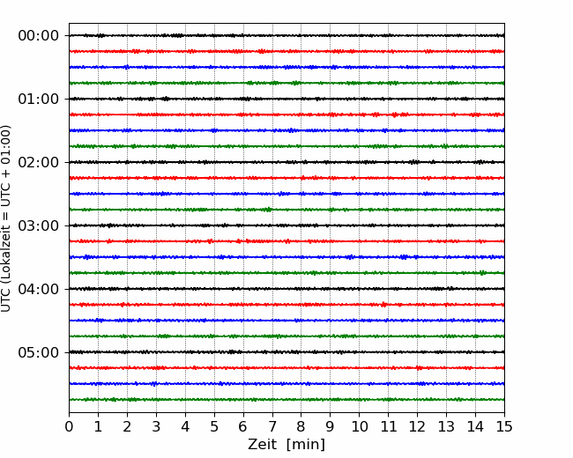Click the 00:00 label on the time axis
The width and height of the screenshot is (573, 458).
click(x=39, y=36)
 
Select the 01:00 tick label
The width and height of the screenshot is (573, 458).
click(x=39, y=99)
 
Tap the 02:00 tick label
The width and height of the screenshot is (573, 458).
click(x=39, y=162)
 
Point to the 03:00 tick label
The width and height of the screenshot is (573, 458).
click(x=39, y=225)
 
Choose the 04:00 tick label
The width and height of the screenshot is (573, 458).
click(x=39, y=289)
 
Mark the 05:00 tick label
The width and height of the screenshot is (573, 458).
click(x=39, y=352)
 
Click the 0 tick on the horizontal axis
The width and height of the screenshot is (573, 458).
click(x=69, y=426)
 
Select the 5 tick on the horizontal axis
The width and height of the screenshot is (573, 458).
click(x=214, y=426)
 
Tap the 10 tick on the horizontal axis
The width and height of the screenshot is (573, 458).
click(x=359, y=426)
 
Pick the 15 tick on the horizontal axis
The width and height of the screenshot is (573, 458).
click(x=504, y=426)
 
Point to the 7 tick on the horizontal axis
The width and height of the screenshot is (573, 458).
click(x=272, y=426)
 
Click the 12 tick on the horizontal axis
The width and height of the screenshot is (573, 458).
click(x=417, y=426)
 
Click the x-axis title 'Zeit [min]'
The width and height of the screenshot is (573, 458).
click(x=286, y=445)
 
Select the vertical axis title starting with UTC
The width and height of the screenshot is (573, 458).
click(x=6, y=218)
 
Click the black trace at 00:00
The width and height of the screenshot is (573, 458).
click(x=286, y=35)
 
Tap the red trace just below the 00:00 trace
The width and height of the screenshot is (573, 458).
click(x=286, y=51)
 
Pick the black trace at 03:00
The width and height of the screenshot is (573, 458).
click(x=286, y=225)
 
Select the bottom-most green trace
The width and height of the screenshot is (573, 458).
click(x=286, y=400)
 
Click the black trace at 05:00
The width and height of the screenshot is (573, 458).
click(x=286, y=352)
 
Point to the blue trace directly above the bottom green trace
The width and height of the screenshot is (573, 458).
click(x=286, y=384)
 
